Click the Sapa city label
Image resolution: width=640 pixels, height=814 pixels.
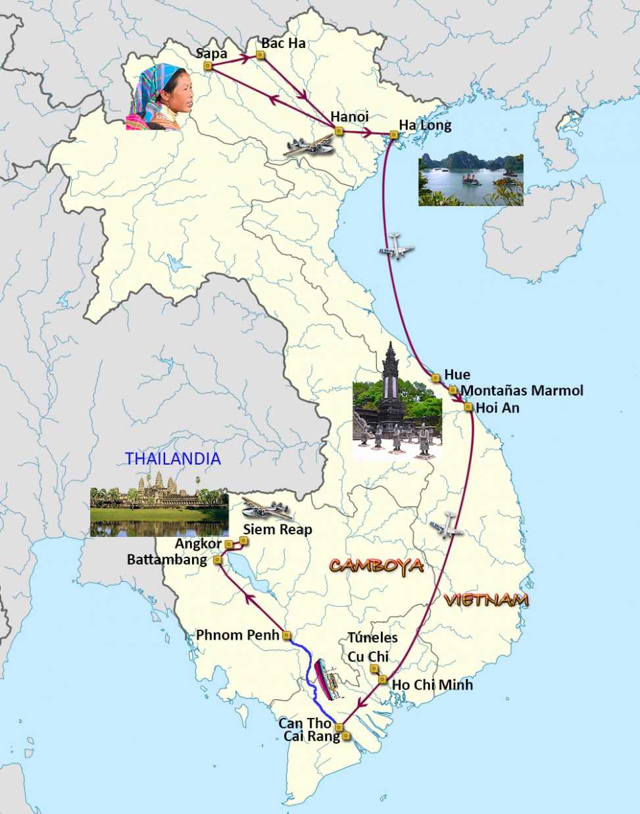coord(211,53)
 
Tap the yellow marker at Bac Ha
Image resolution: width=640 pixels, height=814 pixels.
coord(260,56)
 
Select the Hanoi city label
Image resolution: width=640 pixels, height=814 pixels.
coord(349,116)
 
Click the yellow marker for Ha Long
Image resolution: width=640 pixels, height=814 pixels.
coord(393,135)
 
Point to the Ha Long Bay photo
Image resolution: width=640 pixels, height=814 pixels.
coord(470,179)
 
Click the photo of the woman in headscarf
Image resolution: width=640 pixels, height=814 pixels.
coord(160,97)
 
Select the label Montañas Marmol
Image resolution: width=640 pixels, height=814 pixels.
coord(522,390)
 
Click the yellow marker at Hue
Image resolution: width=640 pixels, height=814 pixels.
coord(435,378)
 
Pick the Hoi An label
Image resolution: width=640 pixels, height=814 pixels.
coord(497,407)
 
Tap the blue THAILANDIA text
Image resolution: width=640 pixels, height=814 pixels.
coord(173,459)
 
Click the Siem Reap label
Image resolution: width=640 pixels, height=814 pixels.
coord(278,529)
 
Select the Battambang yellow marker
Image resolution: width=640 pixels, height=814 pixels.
coord(218,560)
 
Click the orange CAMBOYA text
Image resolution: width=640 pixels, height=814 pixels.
coord(376,566)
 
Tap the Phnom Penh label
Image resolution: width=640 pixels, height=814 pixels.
coord(237,635)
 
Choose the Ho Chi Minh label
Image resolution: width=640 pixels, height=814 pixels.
coord(432,684)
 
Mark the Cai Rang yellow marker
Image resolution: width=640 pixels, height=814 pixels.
coord(347,736)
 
